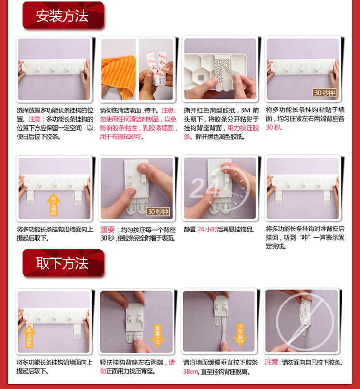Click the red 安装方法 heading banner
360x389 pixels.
tap(63, 15)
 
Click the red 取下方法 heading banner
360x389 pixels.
tap(63, 263)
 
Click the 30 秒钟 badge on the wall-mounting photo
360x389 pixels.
tap(324, 93)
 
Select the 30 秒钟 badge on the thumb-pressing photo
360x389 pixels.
tap(158, 212)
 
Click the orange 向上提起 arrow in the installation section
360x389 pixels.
tap(53, 205)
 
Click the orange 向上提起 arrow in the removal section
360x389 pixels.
tap(29, 336)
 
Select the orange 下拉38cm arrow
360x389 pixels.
tap(240, 335)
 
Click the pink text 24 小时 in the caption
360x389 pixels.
tap(207, 230)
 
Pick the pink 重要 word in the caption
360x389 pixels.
tap(108, 230)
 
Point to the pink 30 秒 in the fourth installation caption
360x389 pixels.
tap(274, 127)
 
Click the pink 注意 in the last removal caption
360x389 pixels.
tap(272, 362)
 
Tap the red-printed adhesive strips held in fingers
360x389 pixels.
tap(156, 67)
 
